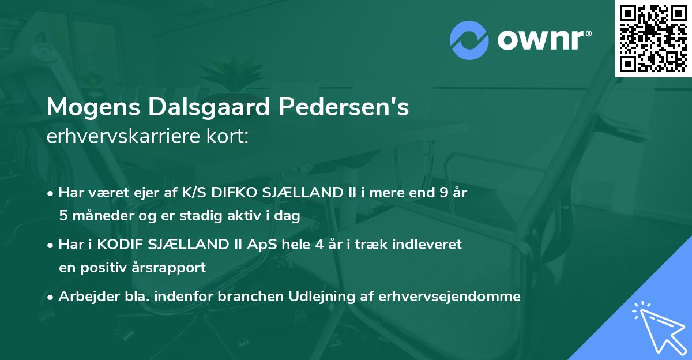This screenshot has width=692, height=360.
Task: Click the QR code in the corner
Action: [x=653, y=38]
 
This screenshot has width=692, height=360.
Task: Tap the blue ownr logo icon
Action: [x=468, y=40]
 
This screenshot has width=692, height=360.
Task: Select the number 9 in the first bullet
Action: [x=442, y=193]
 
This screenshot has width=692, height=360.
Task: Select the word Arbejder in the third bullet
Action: [x=84, y=297]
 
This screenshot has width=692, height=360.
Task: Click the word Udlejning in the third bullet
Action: [x=318, y=297]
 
